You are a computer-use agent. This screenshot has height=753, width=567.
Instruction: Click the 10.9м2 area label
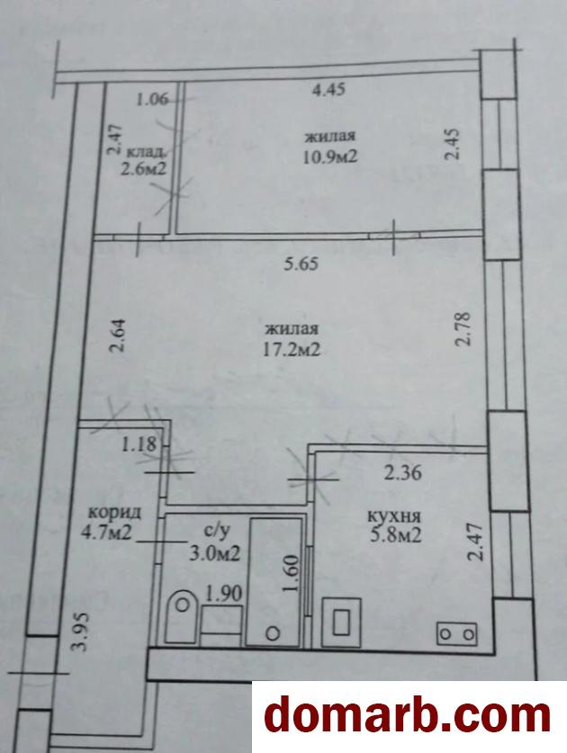[x=329, y=157]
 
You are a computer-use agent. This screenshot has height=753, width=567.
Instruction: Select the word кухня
[x=394, y=516]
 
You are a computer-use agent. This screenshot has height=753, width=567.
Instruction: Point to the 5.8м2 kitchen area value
[x=395, y=534]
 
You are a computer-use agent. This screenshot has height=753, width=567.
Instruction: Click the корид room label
[x=115, y=513]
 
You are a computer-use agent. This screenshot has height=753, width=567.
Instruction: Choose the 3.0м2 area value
[x=214, y=554]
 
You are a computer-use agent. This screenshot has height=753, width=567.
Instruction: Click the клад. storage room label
[x=147, y=152]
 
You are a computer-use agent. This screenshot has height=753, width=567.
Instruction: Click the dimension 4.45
[x=328, y=89]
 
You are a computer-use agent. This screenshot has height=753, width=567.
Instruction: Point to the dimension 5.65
[x=301, y=264]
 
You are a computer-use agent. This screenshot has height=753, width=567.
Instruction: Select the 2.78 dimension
[x=464, y=329]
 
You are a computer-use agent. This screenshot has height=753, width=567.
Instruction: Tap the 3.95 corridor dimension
[x=80, y=631]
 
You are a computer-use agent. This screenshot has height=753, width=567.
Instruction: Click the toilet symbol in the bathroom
[x=182, y=616]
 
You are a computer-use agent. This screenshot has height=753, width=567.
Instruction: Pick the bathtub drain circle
[x=273, y=633]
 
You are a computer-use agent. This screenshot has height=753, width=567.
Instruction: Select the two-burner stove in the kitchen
[x=456, y=634]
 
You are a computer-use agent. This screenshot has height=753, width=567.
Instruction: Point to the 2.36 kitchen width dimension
[x=402, y=472]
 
